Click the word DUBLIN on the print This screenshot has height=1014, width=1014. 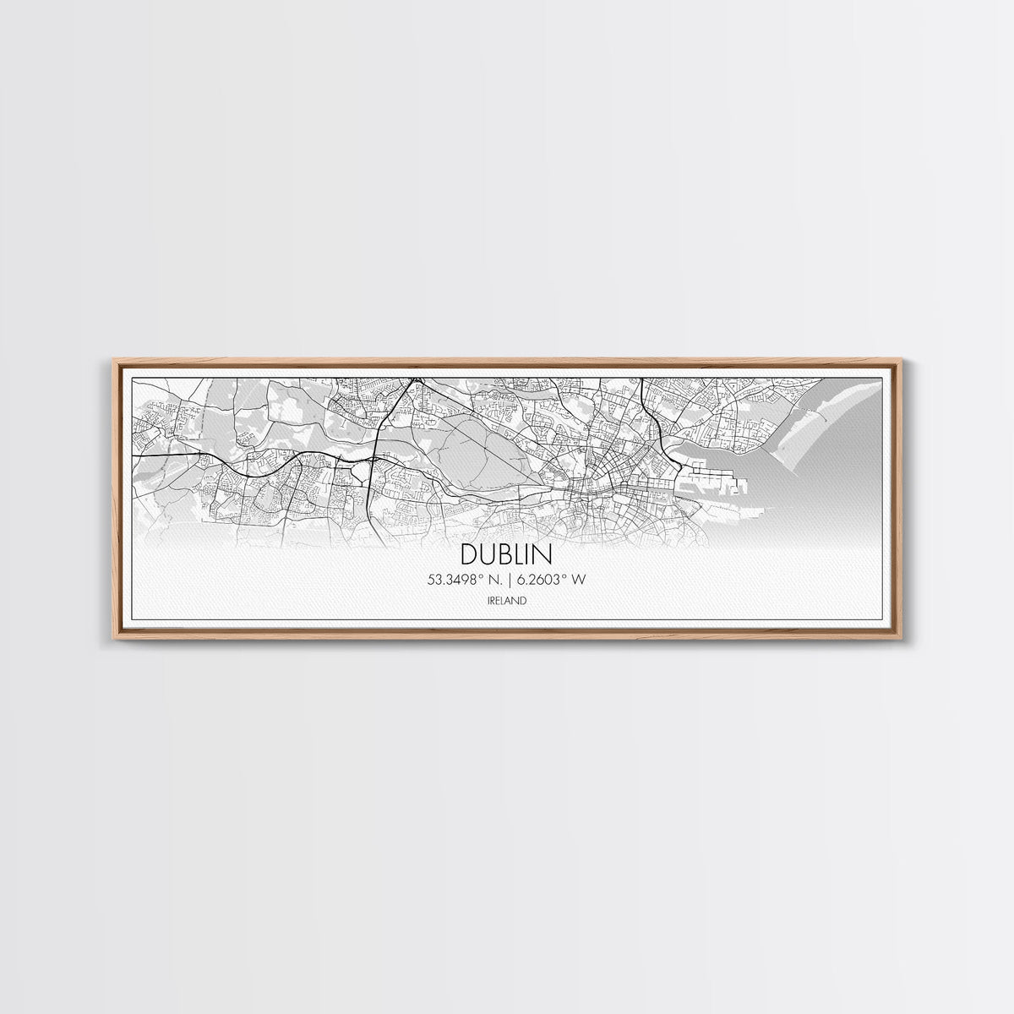coord(507,554)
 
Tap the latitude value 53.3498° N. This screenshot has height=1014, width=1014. coord(466,581)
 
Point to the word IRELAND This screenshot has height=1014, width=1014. coord(507,601)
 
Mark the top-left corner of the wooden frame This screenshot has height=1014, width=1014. coord(116,361)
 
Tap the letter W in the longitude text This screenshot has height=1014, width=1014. coord(580,581)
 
